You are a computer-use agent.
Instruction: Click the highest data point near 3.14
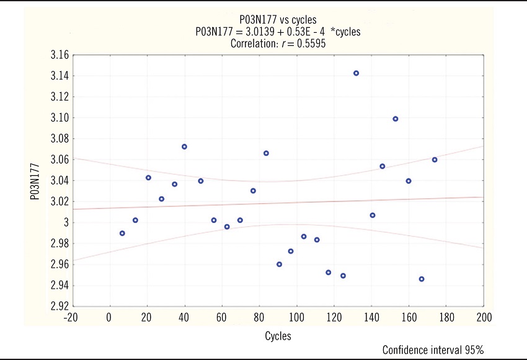click(x=356, y=73)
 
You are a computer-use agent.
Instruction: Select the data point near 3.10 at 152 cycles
click(x=396, y=119)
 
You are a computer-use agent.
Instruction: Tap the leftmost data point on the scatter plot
click(x=122, y=234)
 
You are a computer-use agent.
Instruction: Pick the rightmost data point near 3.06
click(x=435, y=160)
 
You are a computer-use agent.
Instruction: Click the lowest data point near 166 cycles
click(x=422, y=279)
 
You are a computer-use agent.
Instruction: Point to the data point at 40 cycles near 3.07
click(x=184, y=147)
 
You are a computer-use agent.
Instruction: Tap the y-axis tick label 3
click(x=64, y=222)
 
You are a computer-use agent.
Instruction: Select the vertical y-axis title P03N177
click(x=37, y=181)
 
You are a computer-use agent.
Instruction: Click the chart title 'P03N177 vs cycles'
click(x=277, y=20)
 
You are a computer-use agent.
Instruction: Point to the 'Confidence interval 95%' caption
click(x=432, y=350)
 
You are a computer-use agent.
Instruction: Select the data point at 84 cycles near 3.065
click(x=266, y=153)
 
